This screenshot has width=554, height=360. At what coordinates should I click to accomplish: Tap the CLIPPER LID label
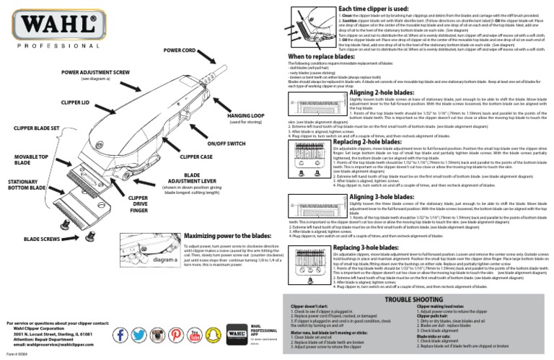(75, 102)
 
